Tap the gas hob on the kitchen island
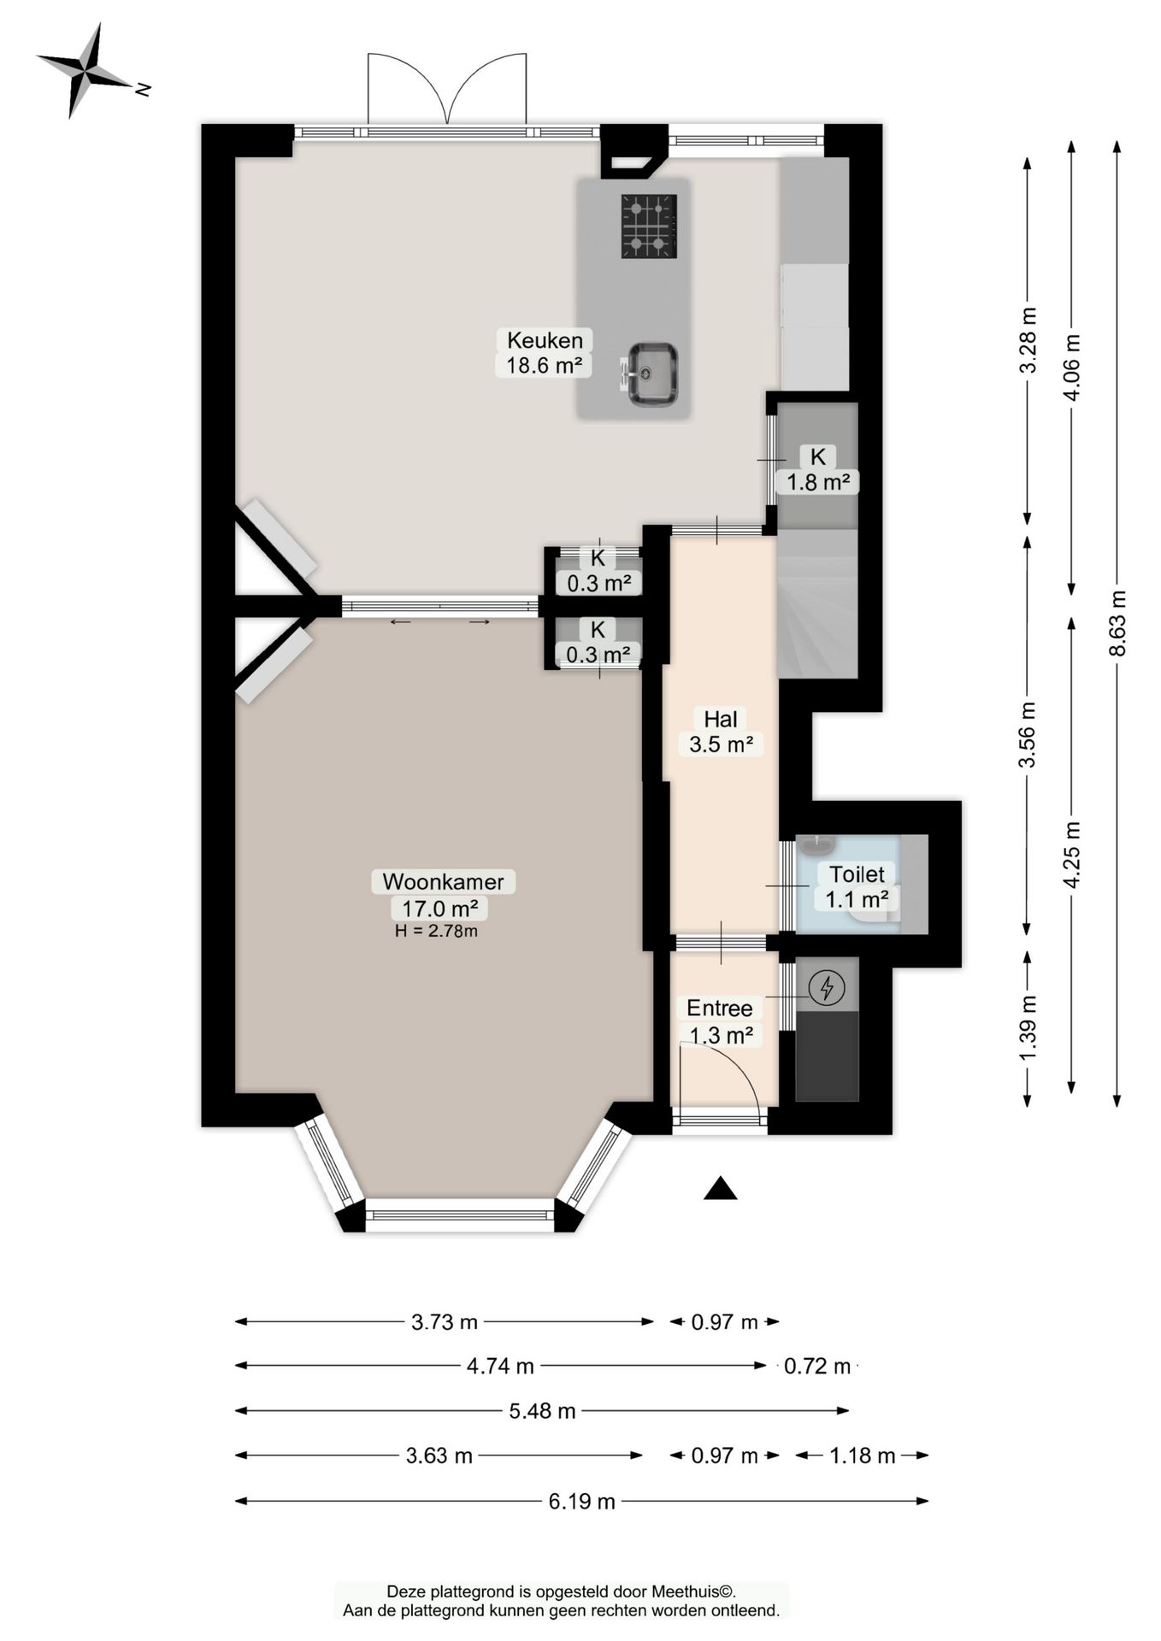coord(649,226)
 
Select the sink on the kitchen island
coord(651,374)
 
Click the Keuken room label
coord(545,353)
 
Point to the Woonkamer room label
coord(443,894)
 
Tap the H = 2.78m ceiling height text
coord(436,931)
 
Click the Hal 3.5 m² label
coord(721,732)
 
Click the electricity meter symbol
coord(827,988)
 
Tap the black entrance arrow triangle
coord(720,1189)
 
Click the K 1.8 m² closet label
coord(818,469)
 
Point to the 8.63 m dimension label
coord(1117,623)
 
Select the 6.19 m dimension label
coord(582,1501)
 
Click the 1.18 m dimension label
coord(863,1456)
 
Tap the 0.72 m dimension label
coord(817,1367)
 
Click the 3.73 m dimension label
coord(445,1322)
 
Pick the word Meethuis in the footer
coord(685,1591)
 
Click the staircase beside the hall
coord(816,603)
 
